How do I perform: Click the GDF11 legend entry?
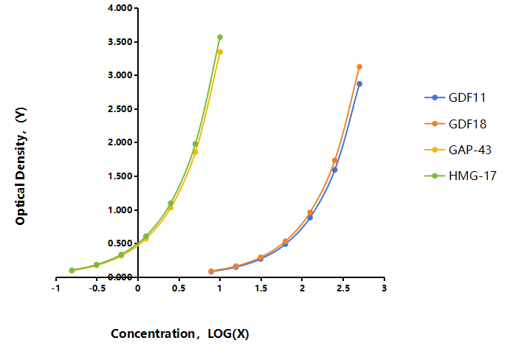[x=455, y=97]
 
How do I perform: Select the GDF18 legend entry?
[x=455, y=124]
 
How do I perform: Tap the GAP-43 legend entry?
[x=458, y=150]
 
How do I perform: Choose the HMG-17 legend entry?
[x=460, y=176]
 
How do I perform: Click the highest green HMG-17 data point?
[x=220, y=37]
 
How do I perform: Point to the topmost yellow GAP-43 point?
[x=220, y=52]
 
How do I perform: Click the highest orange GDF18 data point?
[x=359, y=66]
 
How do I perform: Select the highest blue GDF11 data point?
[x=359, y=84]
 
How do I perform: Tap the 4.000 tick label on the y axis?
[x=120, y=8]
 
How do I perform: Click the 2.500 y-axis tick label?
[x=120, y=109]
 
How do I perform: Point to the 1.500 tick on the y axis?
[x=120, y=176]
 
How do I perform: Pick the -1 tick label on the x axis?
[x=55, y=288]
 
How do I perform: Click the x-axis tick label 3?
[x=384, y=288]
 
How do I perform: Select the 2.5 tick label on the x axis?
[x=343, y=288]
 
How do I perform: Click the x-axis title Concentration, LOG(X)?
[x=180, y=333]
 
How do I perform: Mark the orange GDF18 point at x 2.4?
[x=334, y=160]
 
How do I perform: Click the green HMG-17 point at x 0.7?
[x=196, y=144]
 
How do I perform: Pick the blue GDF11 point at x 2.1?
[x=310, y=218]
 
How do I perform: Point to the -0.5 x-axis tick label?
[x=97, y=288]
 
